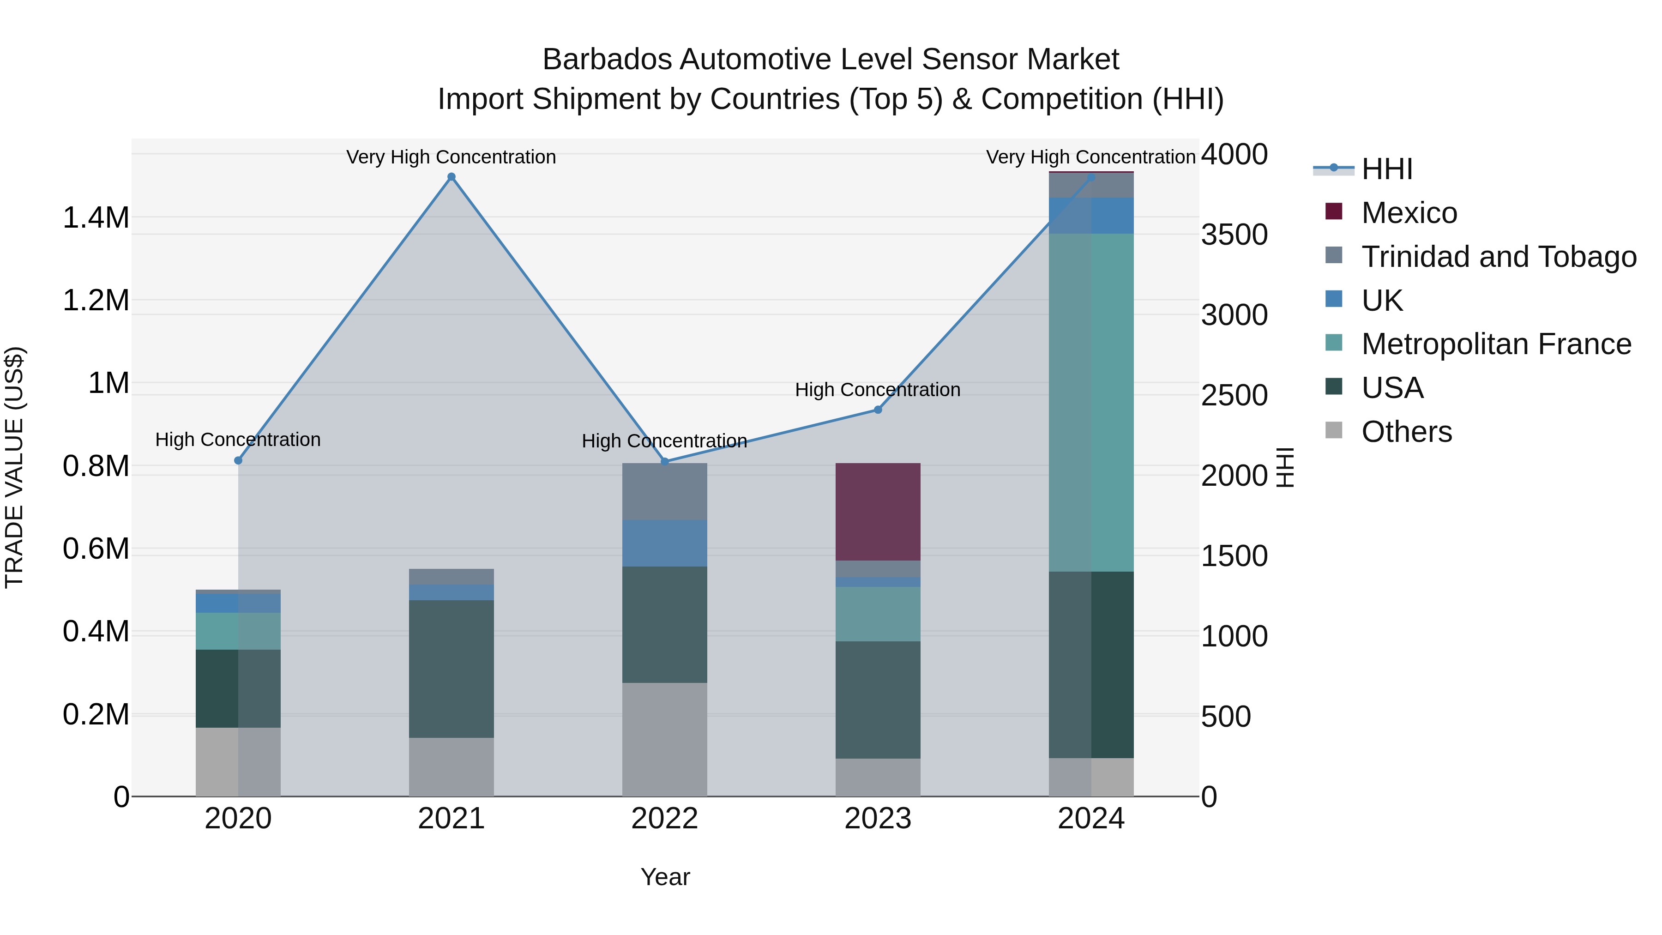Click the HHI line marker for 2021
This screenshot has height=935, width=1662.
(451, 177)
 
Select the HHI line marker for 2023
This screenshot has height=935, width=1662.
(878, 410)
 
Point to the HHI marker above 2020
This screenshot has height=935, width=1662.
(238, 460)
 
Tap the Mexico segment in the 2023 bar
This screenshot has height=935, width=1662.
(878, 511)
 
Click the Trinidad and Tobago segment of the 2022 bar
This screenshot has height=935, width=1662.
(664, 491)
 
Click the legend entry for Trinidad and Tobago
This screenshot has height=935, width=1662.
(1498, 257)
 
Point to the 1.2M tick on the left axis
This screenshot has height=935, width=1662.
(96, 301)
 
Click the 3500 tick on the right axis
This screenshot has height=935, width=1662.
(1234, 235)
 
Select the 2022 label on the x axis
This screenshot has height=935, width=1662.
(664, 819)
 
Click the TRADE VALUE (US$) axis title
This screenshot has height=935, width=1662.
(14, 467)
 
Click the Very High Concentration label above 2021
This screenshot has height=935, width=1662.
(451, 157)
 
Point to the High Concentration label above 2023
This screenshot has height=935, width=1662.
(878, 390)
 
